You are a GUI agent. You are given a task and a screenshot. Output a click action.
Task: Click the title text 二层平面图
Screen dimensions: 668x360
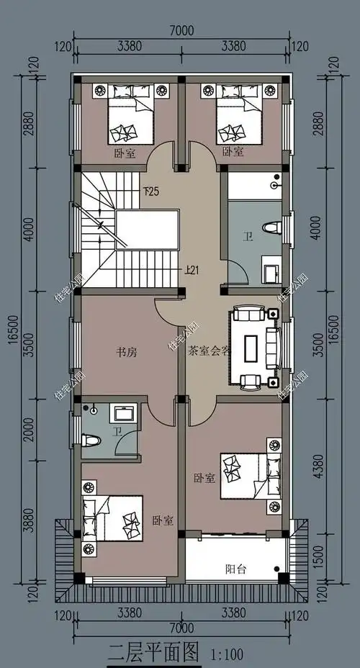point(153,653)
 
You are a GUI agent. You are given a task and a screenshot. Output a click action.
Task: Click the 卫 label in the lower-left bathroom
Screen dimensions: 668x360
point(116,433)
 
